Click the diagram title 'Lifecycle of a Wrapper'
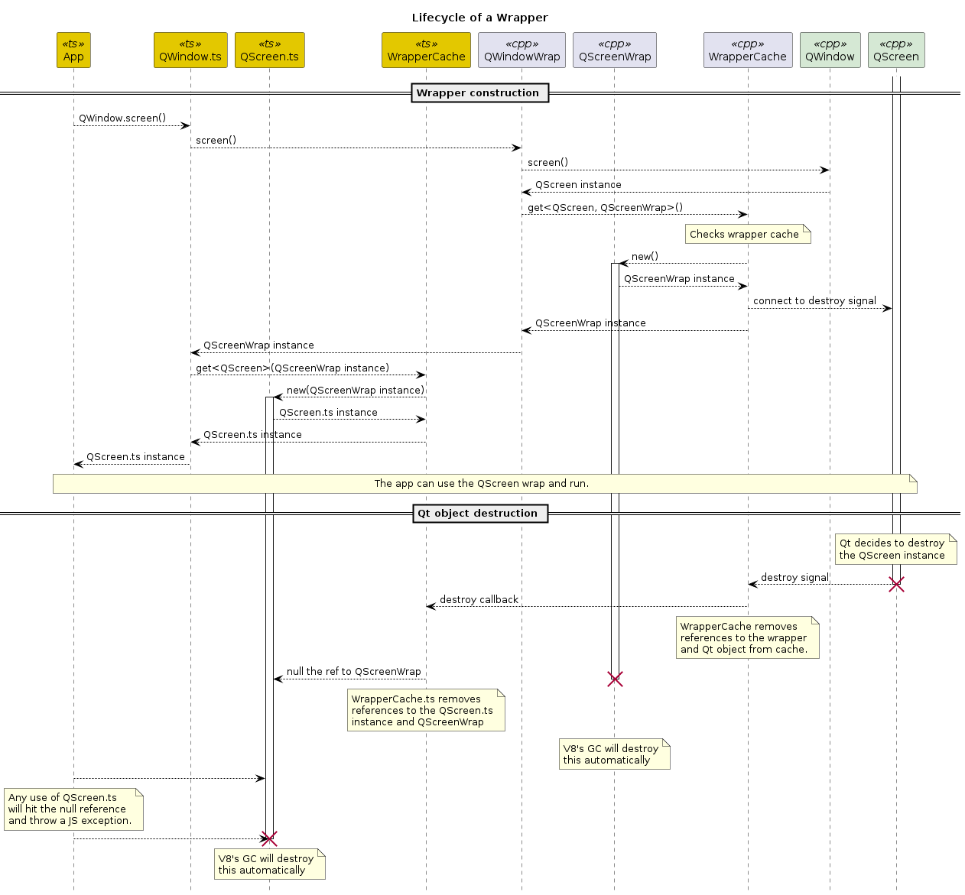click(x=479, y=18)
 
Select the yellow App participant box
click(x=73, y=50)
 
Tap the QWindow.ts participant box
click(x=190, y=50)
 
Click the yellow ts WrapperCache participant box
click(x=426, y=50)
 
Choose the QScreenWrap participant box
click(x=615, y=50)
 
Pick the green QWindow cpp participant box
click(x=830, y=50)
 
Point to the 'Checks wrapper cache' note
click(x=747, y=235)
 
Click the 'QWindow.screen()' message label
click(x=122, y=118)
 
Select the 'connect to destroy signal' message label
click(x=814, y=301)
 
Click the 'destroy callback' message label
click(x=479, y=600)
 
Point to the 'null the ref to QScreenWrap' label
click(x=353, y=672)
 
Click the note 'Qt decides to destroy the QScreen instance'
click(x=895, y=550)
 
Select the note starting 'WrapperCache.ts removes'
click(x=425, y=710)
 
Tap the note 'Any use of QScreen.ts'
click(x=73, y=809)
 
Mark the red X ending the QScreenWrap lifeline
click(x=615, y=679)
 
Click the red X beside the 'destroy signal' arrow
click(x=896, y=585)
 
